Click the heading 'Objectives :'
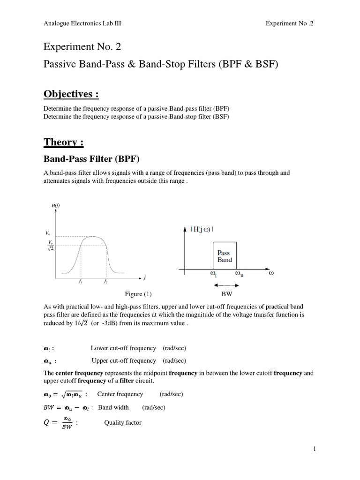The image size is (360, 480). [71, 95]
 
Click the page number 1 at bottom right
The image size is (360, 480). [315, 449]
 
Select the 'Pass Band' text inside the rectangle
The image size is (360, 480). [225, 256]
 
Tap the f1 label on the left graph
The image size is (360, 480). [81, 282]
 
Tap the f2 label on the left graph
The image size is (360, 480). [106, 282]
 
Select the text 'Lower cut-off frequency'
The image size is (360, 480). [123, 348]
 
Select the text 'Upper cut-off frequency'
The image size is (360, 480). [124, 360]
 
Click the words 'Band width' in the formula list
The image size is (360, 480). [113, 407]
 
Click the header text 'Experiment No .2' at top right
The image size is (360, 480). [289, 23]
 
